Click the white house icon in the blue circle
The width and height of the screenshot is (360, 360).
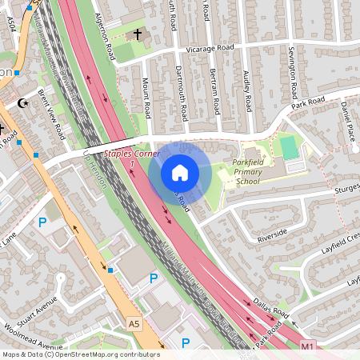click(179, 173)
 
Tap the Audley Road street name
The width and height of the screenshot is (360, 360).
click(248, 90)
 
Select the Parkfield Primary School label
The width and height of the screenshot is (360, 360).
click(253, 172)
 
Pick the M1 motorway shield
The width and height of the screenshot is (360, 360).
click(308, 346)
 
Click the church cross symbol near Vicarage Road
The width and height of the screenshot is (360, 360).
click(137, 34)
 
